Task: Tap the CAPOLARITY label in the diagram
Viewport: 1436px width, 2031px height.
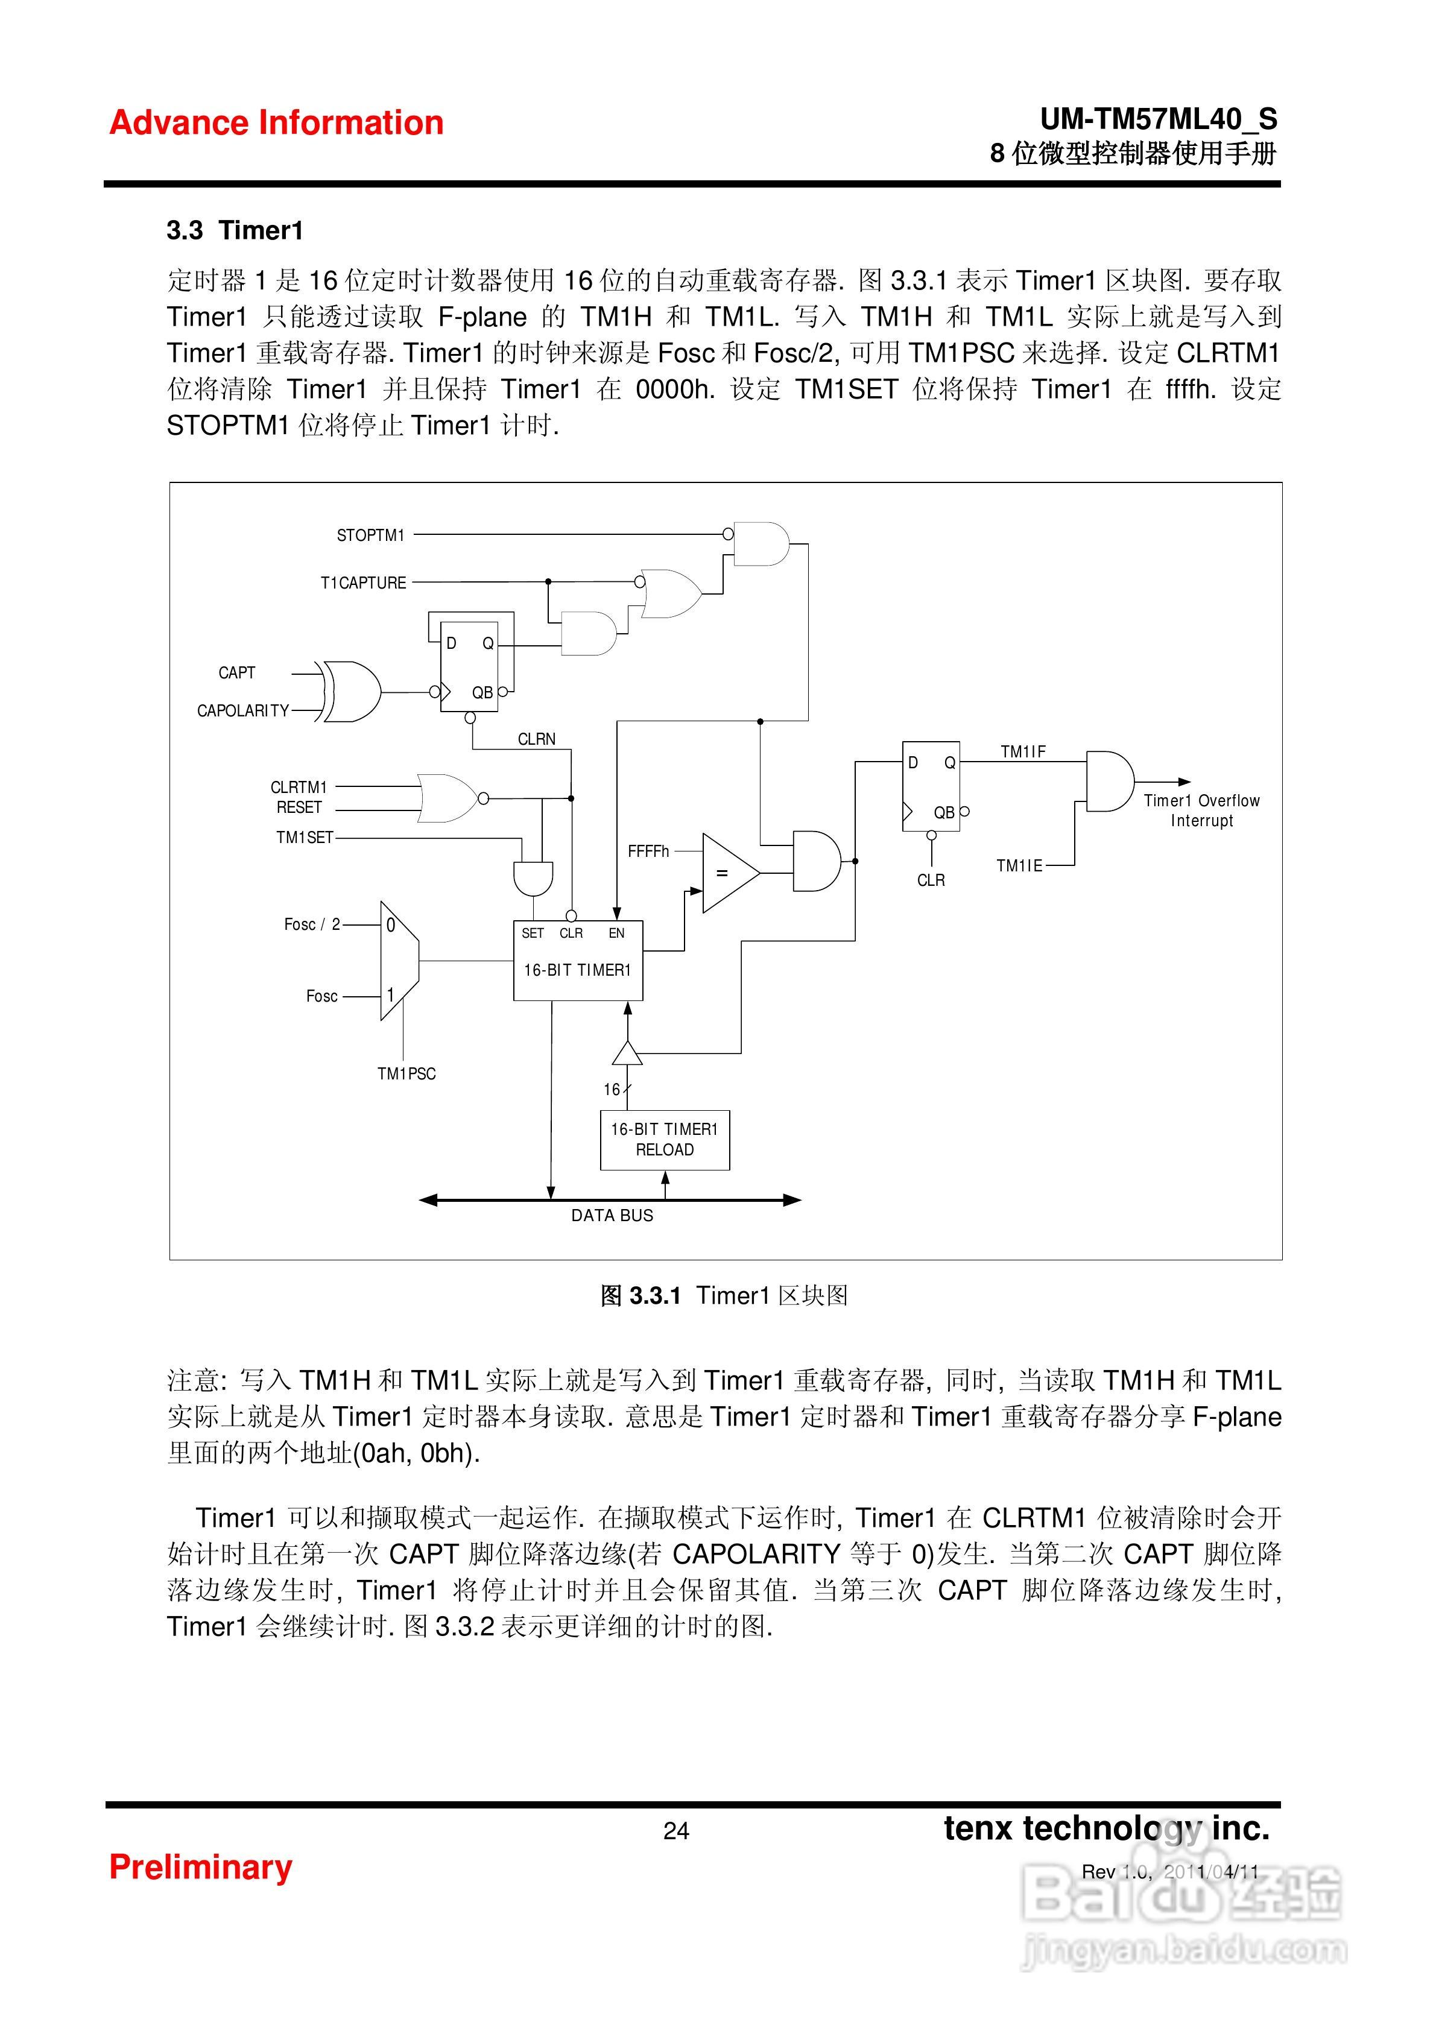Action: coord(242,710)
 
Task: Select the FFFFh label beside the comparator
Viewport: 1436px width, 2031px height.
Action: coord(648,851)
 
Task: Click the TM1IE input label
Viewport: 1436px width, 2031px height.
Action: coord(1019,865)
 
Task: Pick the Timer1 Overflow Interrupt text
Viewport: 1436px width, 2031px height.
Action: coord(1201,810)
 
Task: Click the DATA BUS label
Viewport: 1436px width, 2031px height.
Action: coord(612,1216)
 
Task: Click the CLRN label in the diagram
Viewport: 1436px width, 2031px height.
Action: coord(536,739)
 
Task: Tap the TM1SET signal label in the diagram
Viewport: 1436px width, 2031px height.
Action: coord(305,837)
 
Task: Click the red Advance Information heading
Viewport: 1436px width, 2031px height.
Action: coord(276,123)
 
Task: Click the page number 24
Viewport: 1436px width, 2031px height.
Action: coord(676,1830)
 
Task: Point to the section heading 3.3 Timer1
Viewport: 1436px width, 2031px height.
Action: coord(235,231)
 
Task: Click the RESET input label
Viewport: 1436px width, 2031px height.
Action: coord(299,807)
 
